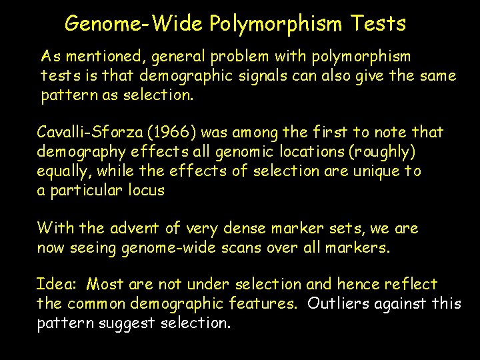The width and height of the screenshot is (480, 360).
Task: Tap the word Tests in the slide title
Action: point(377,24)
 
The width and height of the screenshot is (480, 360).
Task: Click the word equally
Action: point(65,171)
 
